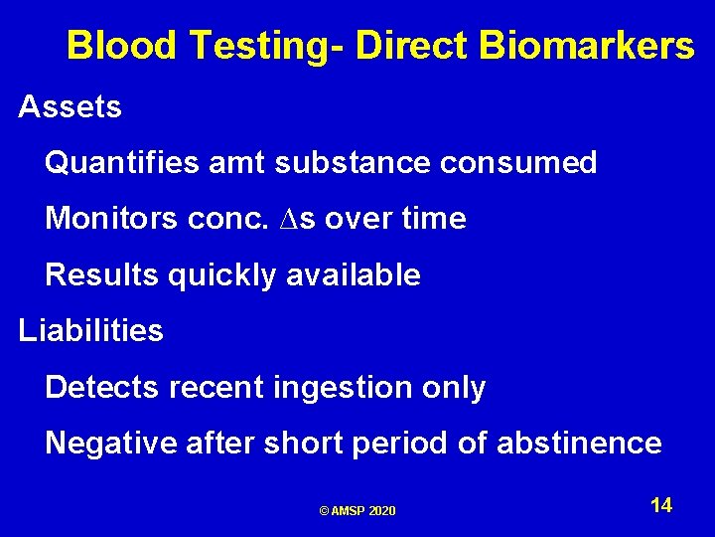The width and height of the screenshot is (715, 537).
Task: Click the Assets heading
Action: pyautogui.click(x=71, y=106)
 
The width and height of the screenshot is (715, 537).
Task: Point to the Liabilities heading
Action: pyautogui.click(x=91, y=330)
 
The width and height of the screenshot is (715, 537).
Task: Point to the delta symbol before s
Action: pyautogui.click(x=280, y=219)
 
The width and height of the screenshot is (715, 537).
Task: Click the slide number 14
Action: pyautogui.click(x=661, y=505)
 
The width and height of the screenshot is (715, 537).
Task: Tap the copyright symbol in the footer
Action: pyautogui.click(x=325, y=511)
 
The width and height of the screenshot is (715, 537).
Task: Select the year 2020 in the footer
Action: pyautogui.click(x=381, y=511)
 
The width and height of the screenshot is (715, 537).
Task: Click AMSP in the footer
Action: pyautogui.click(x=349, y=511)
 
